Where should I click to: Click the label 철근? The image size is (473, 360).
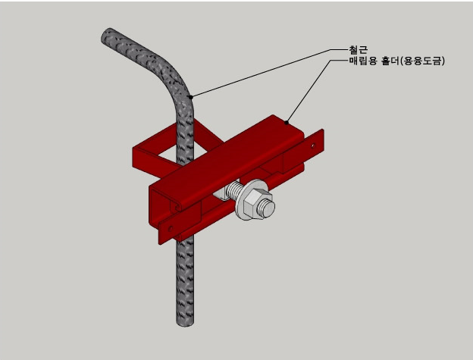pos(359,49)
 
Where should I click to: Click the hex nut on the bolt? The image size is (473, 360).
pos(259,205)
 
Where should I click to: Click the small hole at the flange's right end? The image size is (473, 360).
pos(312,142)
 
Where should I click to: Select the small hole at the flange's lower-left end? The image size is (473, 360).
pos(171,226)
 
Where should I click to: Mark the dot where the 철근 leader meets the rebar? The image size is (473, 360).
pos(191,96)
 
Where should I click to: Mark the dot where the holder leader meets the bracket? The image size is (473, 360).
pos(287,122)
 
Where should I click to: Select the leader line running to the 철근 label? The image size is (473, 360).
pos(265,71)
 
